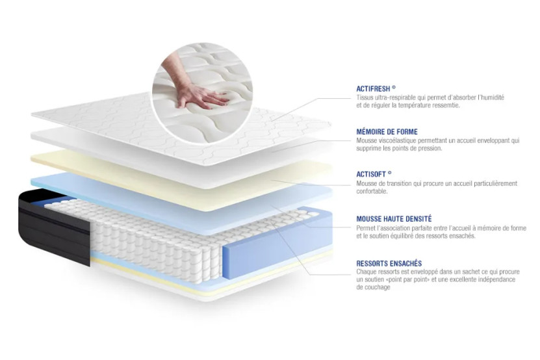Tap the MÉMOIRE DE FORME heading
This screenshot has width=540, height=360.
coord(387,131)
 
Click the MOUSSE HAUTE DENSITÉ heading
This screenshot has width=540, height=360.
coord(394,219)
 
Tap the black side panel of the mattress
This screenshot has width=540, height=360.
coord(58,224)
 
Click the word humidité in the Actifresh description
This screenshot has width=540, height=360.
coord(491,97)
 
